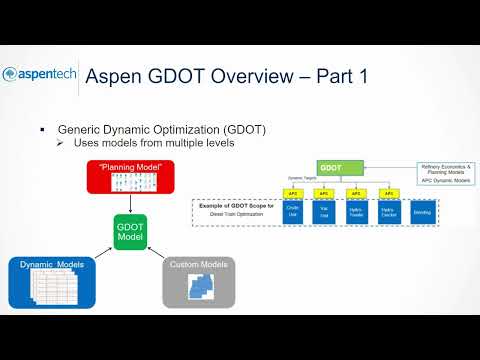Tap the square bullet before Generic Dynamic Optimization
pos(42,130)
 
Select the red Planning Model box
pos(130,177)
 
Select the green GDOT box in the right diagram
pos(331,170)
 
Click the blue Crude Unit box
pos(294,213)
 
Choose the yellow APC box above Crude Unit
pos(294,193)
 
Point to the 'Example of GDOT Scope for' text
pos(235,205)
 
